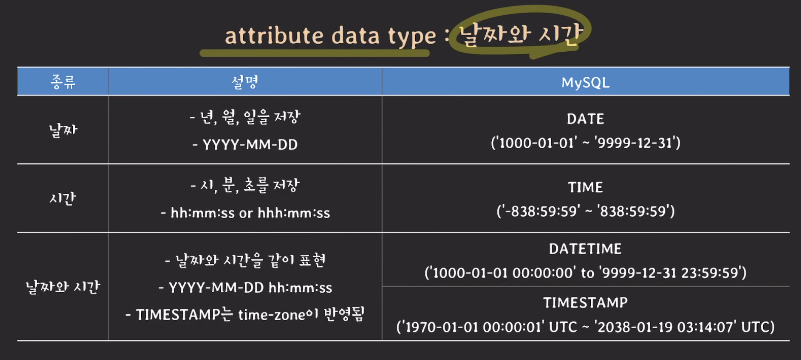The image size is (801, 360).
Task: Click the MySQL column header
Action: (x=586, y=82)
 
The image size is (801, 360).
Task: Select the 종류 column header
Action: (x=63, y=82)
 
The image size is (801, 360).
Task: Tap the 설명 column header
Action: (x=245, y=82)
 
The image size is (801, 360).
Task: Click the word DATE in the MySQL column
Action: (x=586, y=119)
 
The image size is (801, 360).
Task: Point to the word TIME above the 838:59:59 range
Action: (x=586, y=187)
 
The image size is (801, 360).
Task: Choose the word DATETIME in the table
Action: (x=586, y=249)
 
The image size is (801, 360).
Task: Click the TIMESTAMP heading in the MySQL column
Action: (x=586, y=303)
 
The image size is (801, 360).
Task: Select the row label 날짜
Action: (x=63, y=130)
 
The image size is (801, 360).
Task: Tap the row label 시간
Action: (x=63, y=198)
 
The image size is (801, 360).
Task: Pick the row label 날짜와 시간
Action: (x=63, y=287)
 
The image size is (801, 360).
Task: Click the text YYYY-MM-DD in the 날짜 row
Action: (x=250, y=145)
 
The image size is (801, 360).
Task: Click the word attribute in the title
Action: (x=274, y=35)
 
